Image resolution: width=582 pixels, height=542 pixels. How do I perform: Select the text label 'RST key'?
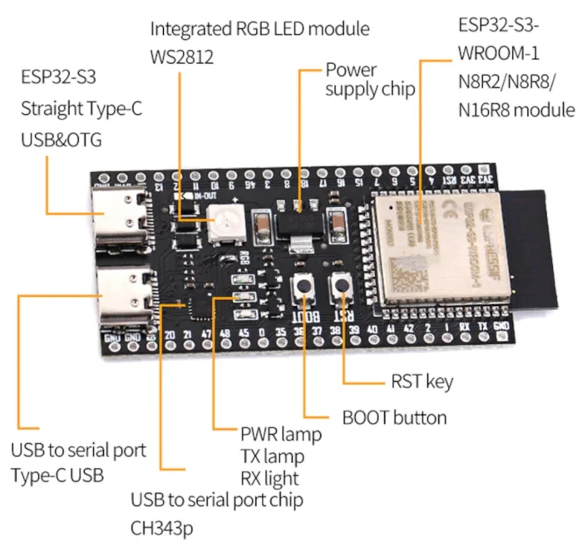point(422,382)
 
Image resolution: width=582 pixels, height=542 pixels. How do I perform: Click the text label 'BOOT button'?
point(394,416)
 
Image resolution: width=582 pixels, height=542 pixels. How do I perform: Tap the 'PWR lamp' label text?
point(281,434)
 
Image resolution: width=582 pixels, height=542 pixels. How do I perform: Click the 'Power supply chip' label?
point(370,80)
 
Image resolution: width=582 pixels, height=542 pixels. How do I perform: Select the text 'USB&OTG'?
point(61,140)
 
